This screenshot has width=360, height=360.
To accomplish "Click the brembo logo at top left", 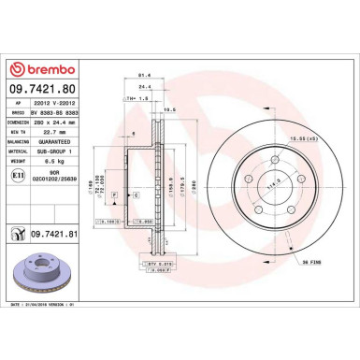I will (x=37, y=71).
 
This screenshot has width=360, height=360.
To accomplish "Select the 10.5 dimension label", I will (x=170, y=109).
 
